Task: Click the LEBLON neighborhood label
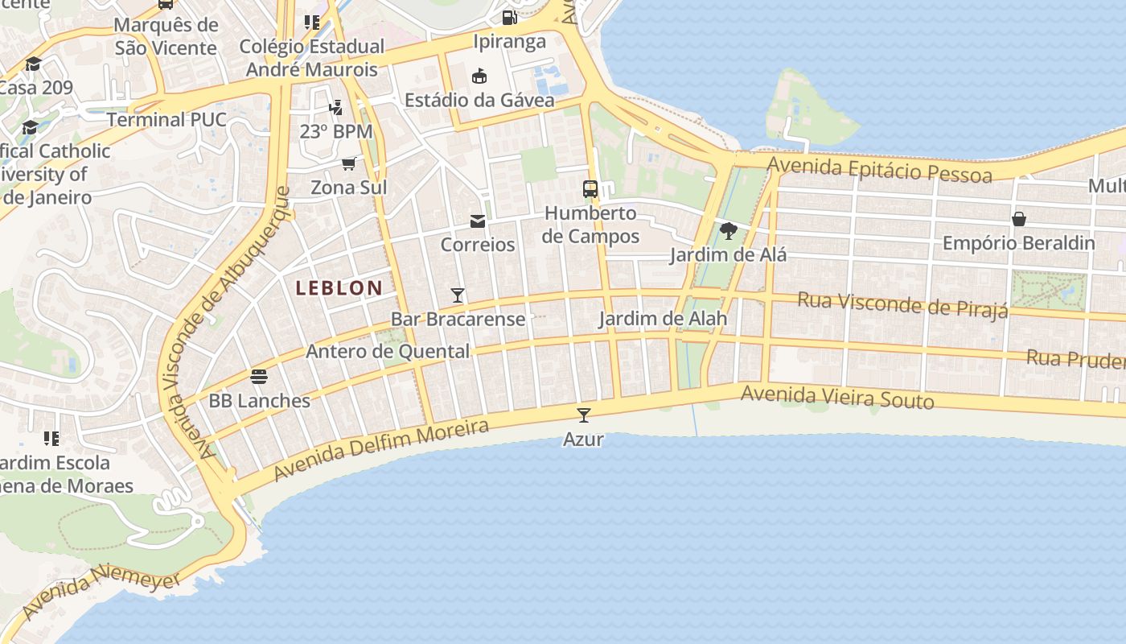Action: coord(339,287)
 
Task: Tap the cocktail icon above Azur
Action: coord(584,415)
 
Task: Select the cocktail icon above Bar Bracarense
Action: coord(458,295)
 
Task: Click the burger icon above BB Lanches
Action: coord(259,376)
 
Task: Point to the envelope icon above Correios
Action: coord(478,221)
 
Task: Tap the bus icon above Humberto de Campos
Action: coord(590,189)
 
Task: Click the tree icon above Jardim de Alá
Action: coord(729,231)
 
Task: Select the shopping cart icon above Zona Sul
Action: coord(348,164)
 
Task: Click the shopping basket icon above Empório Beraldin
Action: coord(1018,219)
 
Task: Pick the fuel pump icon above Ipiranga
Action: coord(509,17)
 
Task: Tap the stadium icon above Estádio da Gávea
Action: coord(479,76)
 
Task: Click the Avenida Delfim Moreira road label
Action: coord(380,449)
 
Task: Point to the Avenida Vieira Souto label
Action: coord(836,397)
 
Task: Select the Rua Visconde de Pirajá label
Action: coord(902,305)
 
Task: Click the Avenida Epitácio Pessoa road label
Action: coord(880,170)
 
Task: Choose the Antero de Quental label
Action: coord(388,352)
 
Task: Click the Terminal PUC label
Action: coord(166,120)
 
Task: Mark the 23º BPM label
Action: coord(336,131)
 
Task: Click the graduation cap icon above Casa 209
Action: coord(33,64)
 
